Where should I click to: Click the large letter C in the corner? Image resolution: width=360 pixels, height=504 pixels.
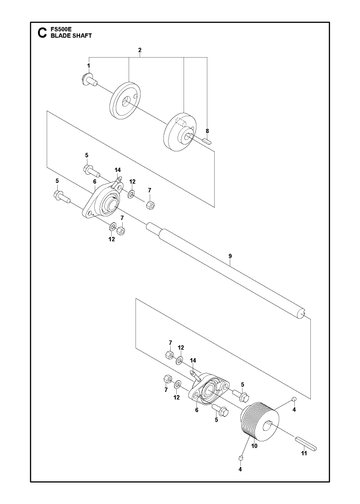coord(42,33)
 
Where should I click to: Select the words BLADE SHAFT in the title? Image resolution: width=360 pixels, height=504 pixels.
coord(71,36)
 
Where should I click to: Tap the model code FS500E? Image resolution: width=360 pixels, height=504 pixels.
coord(59,30)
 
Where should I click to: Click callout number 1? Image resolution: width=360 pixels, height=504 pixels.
coord(89,66)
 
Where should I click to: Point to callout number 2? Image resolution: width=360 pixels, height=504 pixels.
coord(140,50)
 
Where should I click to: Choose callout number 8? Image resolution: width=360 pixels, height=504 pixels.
coord(207,131)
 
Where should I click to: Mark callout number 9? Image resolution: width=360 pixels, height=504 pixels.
coord(230,256)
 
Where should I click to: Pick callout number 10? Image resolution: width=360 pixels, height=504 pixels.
coord(254,446)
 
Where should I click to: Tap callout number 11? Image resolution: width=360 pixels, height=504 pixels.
coord(304,453)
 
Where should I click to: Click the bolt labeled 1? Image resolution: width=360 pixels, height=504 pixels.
coord(89,80)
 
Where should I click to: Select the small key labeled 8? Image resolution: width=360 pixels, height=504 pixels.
coord(207,141)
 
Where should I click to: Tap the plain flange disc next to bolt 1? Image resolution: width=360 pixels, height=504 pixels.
coord(125,100)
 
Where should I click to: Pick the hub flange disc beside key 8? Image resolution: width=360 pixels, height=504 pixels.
coord(180,132)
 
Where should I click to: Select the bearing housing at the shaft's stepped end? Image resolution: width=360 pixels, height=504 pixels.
coord(103,201)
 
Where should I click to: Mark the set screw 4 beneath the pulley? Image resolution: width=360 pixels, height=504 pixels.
coord(240,459)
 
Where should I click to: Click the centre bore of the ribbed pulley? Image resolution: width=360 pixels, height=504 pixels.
coord(267,426)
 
